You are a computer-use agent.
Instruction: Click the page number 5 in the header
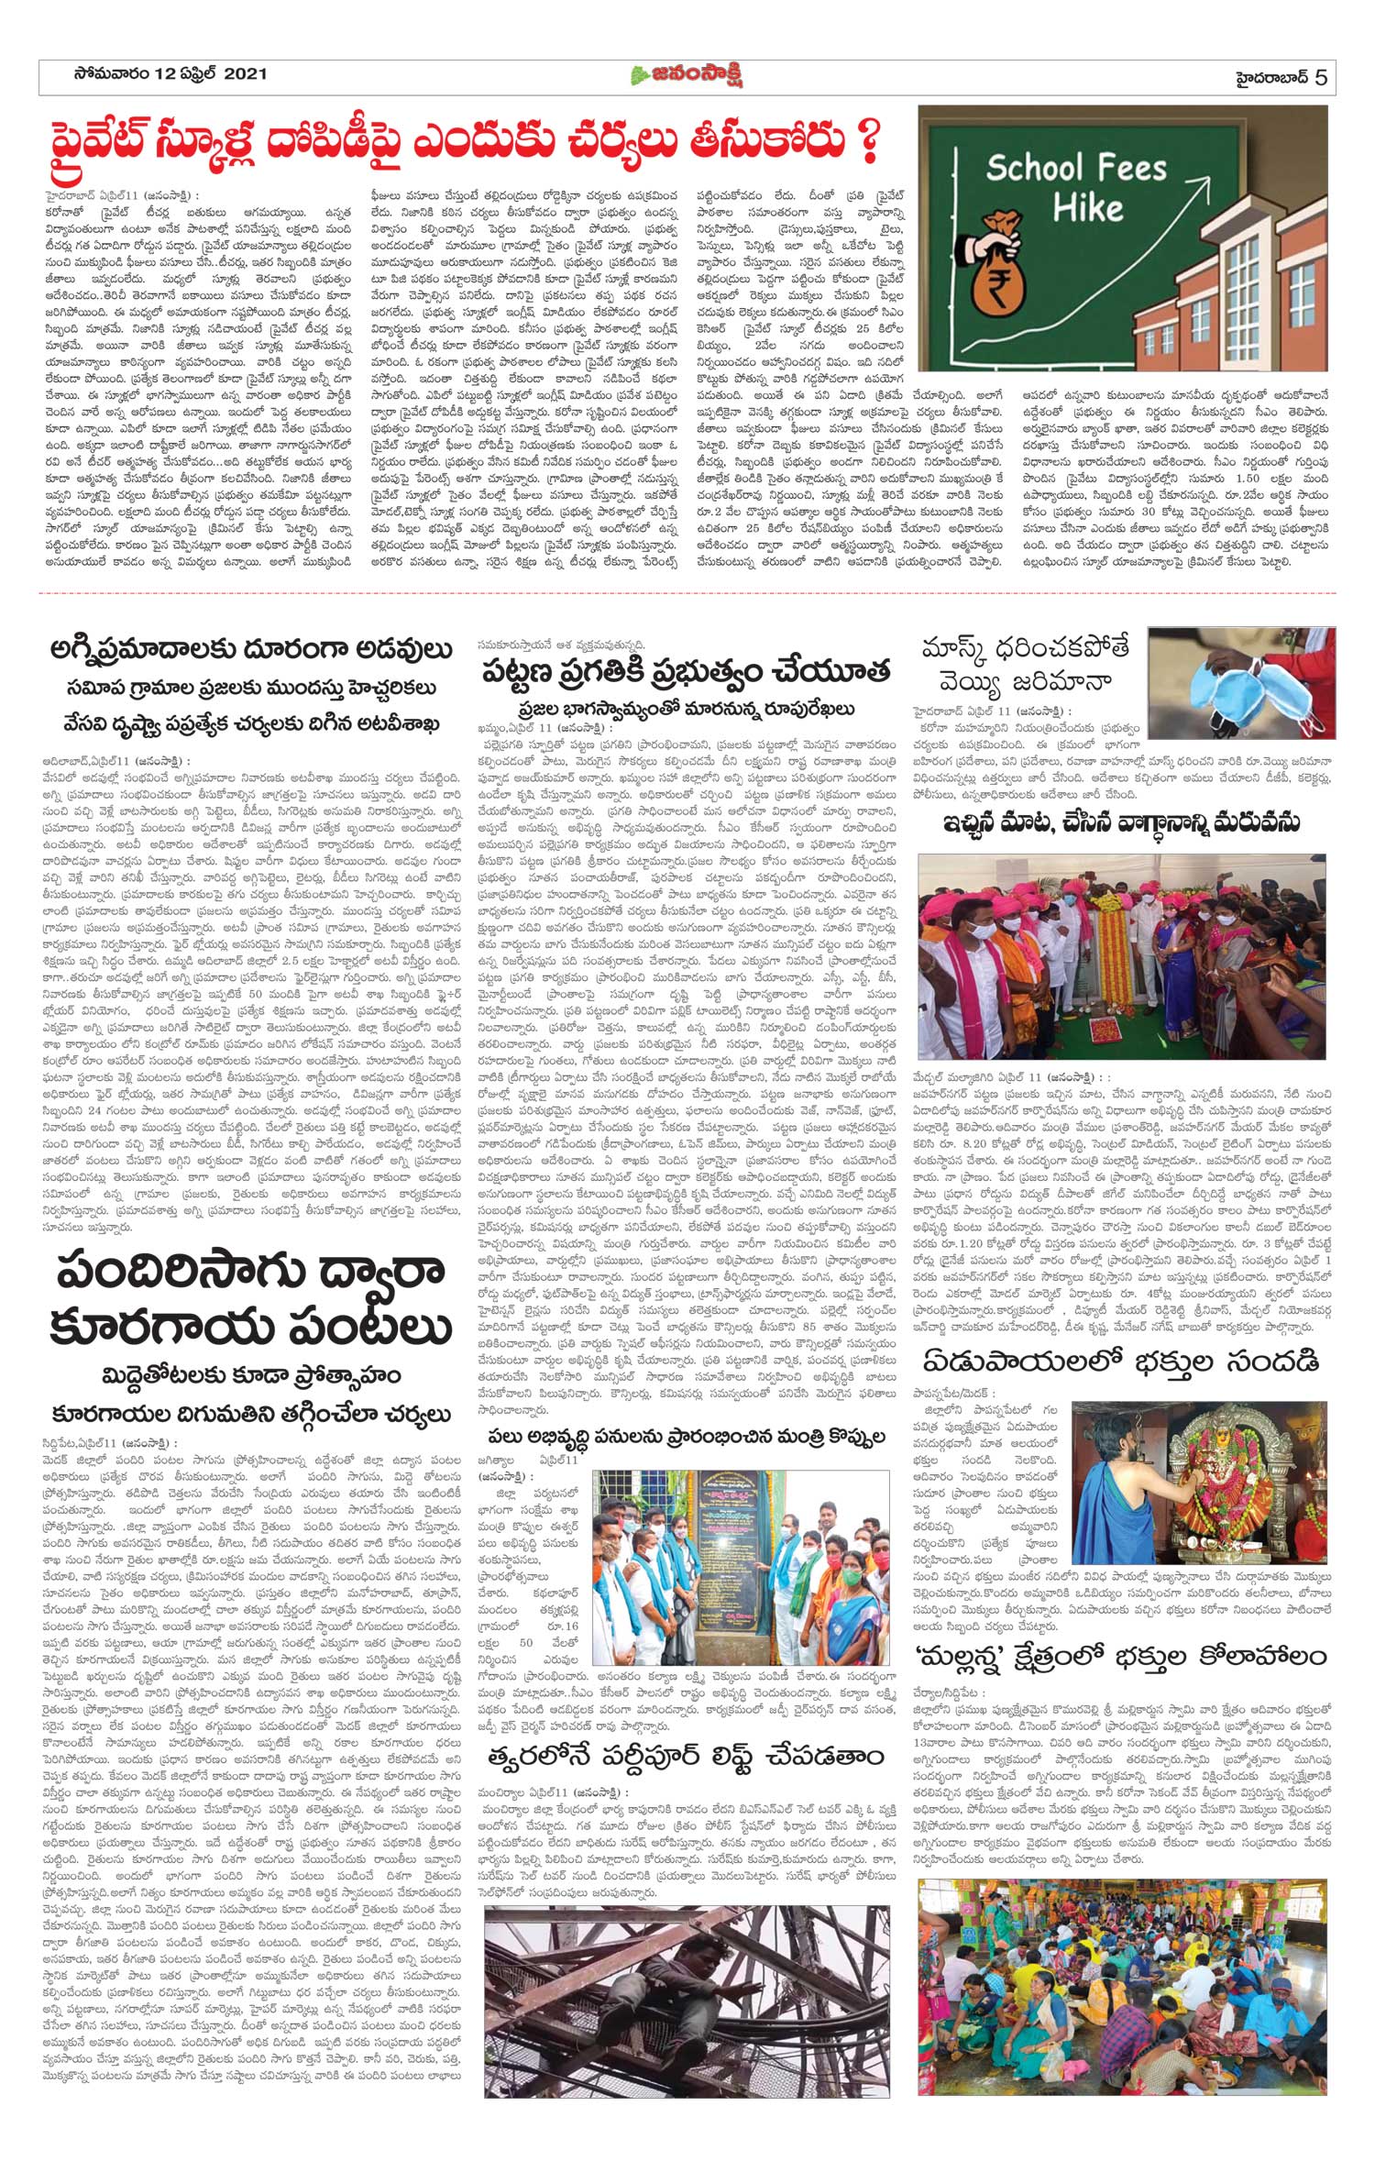pos(1320,77)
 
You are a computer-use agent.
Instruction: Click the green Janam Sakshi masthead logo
pos(687,76)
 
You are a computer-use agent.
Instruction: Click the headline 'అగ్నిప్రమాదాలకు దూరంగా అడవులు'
pos(250,651)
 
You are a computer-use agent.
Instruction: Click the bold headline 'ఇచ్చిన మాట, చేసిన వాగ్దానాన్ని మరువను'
pos(1122,821)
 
